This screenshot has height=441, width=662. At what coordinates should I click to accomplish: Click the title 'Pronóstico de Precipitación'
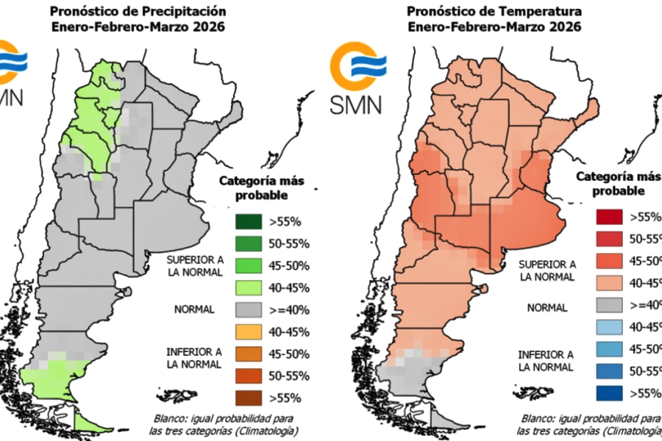[138, 12]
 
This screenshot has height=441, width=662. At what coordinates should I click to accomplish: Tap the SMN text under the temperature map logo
[356, 103]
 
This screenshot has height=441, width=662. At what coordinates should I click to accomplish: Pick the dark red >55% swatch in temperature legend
[611, 217]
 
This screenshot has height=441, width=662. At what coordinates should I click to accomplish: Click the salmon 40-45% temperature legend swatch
[611, 283]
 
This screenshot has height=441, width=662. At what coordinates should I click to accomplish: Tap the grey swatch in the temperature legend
[611, 305]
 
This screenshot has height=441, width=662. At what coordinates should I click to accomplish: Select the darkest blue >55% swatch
[611, 393]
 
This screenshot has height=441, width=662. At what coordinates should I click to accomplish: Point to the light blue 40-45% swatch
[611, 327]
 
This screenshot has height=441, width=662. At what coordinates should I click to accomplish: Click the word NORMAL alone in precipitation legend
[193, 309]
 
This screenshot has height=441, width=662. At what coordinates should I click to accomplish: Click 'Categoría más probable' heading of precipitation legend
[261, 188]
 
